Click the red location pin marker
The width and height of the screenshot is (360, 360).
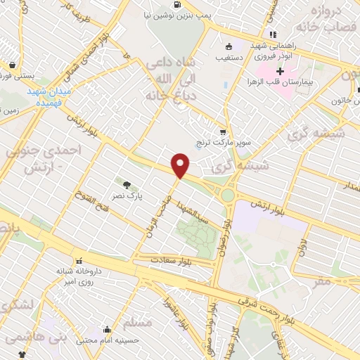pyautogui.click(x=181, y=165)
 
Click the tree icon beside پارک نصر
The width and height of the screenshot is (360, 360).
pyautogui.click(x=127, y=185)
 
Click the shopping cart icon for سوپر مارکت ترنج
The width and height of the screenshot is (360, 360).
pyautogui.click(x=223, y=131)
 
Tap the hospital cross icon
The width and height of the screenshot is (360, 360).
pyautogui.click(x=280, y=71)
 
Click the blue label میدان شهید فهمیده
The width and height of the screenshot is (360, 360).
pyautogui.click(x=51, y=97)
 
